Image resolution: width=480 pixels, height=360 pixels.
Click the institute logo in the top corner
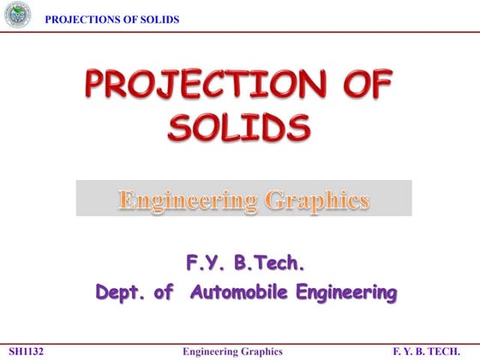16,15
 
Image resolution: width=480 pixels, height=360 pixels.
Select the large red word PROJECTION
201,87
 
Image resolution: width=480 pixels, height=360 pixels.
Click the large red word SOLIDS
239,129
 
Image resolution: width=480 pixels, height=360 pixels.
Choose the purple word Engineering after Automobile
346,293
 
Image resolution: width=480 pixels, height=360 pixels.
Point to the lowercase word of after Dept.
163,293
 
